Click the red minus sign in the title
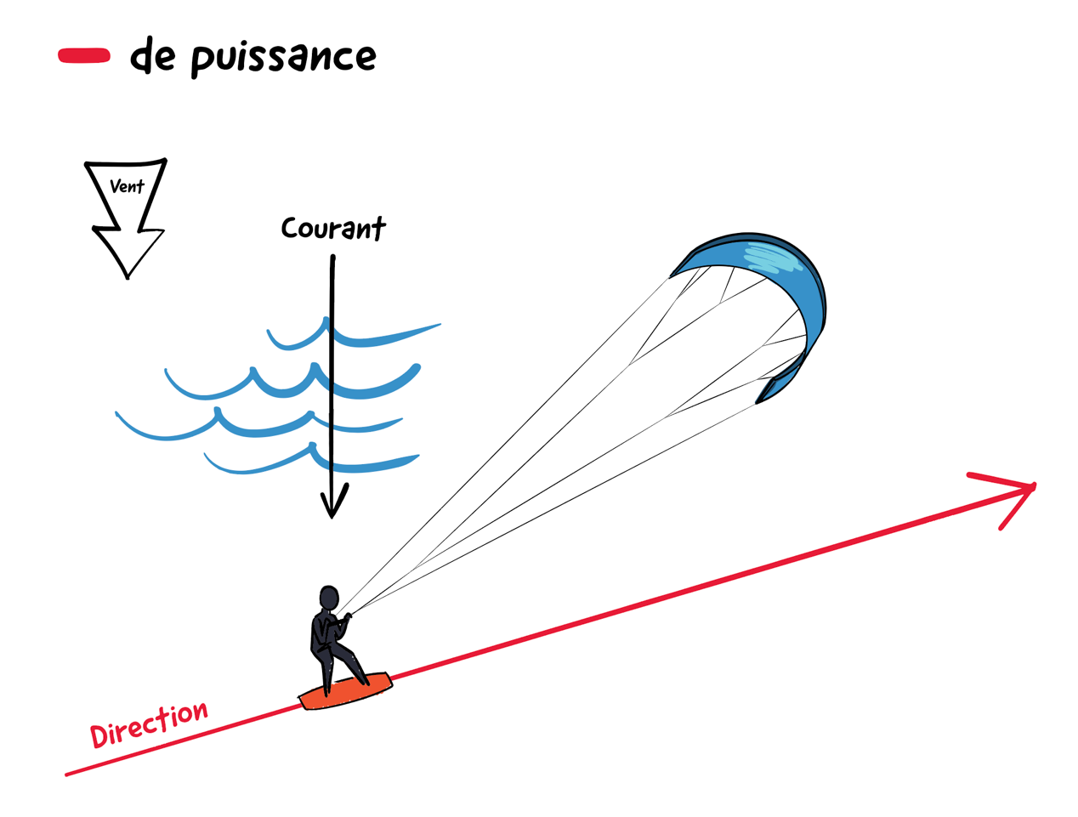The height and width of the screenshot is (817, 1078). [x=84, y=55]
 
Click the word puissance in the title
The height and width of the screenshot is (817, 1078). [x=283, y=59]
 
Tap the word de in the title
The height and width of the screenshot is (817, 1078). [x=152, y=55]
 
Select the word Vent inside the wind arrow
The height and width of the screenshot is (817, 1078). [x=127, y=186]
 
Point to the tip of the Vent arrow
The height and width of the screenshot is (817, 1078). [x=128, y=278]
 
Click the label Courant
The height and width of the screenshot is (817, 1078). [x=333, y=229]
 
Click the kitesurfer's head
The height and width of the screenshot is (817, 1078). [x=328, y=599]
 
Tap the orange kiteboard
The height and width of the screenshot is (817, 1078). [x=346, y=691]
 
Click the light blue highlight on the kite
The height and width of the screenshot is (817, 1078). [x=774, y=256]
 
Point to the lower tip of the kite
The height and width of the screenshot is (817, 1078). [x=757, y=402]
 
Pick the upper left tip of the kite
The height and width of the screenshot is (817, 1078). [x=671, y=276]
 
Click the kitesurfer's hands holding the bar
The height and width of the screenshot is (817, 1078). [x=346, y=616]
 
